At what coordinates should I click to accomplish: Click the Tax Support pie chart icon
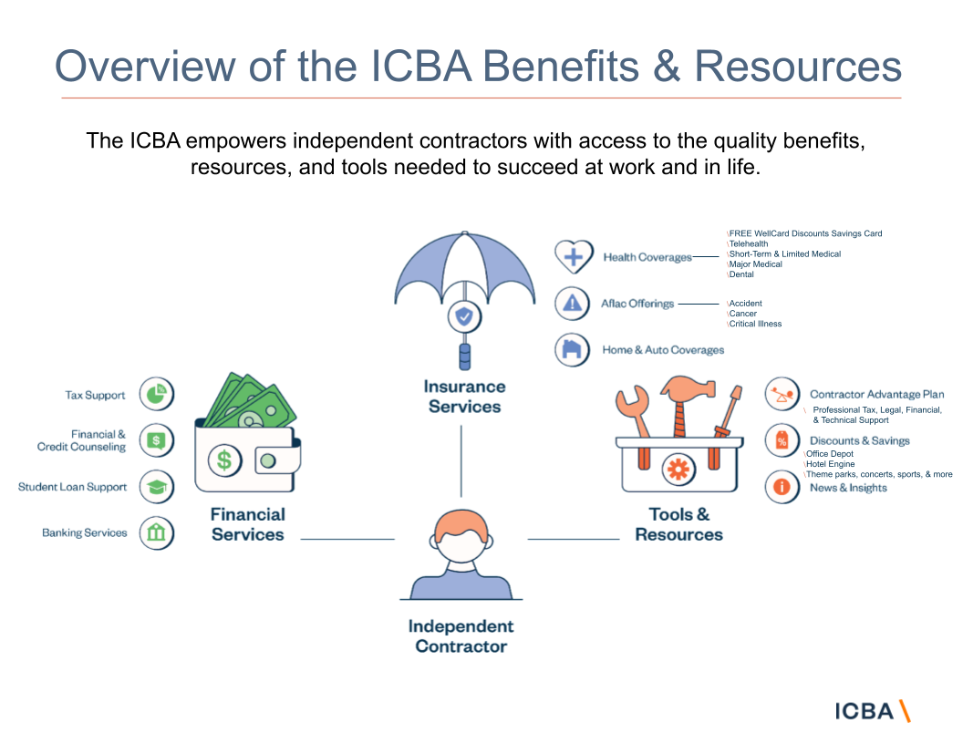click(157, 395)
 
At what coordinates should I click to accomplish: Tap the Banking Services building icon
click(157, 532)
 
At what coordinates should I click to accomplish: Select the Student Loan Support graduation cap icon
click(157, 487)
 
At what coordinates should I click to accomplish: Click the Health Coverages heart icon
click(573, 257)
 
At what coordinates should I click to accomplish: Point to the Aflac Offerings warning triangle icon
click(573, 304)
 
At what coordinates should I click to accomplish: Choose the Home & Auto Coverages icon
click(573, 350)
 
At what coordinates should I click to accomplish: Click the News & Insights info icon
click(782, 487)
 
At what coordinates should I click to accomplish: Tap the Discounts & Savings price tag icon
click(782, 441)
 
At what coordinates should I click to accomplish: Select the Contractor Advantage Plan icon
click(782, 395)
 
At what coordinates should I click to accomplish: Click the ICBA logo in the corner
click(873, 711)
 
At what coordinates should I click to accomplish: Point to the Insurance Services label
click(464, 397)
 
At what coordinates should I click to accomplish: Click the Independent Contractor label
click(461, 636)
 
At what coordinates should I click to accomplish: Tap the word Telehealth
click(749, 244)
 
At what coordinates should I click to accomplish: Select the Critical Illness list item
click(755, 324)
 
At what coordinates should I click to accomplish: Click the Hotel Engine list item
click(830, 464)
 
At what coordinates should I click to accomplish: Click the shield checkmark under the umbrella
click(464, 316)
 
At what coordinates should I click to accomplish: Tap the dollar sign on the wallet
click(223, 459)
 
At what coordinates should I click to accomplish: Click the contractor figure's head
click(461, 539)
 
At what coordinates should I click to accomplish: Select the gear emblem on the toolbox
click(676, 470)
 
